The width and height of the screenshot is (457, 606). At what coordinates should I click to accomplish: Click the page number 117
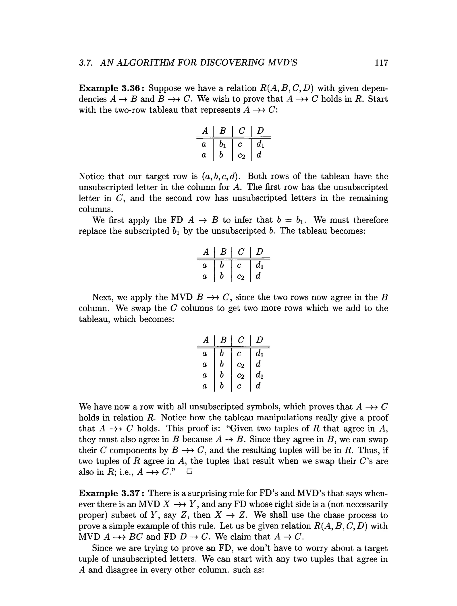coord(381,63)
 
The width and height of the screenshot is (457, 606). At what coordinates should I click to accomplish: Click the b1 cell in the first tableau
coord(222,144)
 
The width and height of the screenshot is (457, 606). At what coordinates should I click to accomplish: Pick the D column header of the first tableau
coord(260,131)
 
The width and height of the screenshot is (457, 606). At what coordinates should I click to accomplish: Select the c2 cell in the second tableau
coord(241,277)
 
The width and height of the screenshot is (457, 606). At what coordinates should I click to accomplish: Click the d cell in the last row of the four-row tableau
coord(258,386)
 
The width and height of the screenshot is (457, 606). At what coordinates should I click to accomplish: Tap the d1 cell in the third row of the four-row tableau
coord(259,375)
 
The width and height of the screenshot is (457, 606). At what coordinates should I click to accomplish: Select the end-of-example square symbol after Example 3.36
coord(189,472)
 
